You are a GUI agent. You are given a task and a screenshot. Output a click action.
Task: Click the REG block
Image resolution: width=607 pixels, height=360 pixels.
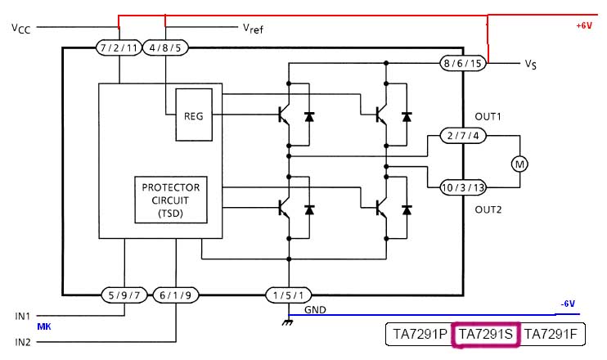point(194,116)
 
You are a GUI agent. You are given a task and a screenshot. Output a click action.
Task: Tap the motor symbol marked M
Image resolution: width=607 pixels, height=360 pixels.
point(519,164)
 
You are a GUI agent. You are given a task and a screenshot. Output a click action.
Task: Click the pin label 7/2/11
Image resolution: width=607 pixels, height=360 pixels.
point(119,47)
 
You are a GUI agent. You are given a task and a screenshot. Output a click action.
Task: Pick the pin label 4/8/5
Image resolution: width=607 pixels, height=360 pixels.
point(166,47)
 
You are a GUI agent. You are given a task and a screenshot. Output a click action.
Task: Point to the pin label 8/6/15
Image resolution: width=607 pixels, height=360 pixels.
point(463,62)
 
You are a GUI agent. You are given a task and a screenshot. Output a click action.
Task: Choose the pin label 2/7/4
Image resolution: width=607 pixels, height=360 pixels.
point(463,135)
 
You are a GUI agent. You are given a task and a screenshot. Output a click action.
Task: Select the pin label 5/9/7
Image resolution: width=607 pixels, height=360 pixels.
point(123,295)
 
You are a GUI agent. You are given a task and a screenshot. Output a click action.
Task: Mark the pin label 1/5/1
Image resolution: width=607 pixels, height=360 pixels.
point(290,295)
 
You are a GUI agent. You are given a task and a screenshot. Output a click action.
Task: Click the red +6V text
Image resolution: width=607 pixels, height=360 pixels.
point(583,26)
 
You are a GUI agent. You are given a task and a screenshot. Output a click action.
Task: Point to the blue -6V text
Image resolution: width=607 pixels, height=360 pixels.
point(569,304)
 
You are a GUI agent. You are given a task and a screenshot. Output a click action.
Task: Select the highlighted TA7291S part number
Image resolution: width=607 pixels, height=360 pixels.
point(486,334)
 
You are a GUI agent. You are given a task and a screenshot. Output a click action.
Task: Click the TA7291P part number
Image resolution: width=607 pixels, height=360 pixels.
point(420,334)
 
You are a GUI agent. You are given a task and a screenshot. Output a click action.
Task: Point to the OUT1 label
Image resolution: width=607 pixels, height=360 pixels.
point(488,116)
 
